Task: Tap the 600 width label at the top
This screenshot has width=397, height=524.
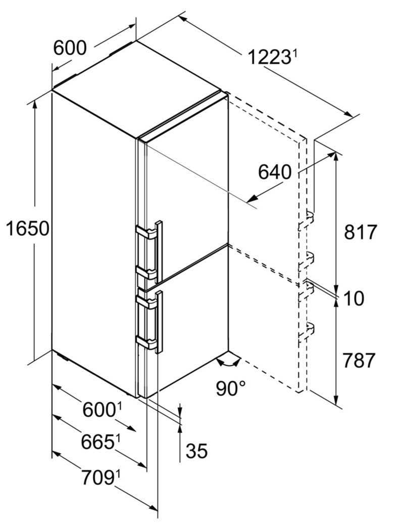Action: tap(70, 48)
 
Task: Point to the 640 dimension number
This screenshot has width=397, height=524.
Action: tap(275, 172)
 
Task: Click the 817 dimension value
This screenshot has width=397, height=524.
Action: tap(360, 232)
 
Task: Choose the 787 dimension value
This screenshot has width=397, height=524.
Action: tap(360, 360)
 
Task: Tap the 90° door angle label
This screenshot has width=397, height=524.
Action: tap(230, 387)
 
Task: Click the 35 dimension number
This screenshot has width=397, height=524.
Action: tap(197, 451)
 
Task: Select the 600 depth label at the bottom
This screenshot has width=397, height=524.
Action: tap(99, 410)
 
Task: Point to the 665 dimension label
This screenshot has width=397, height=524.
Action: tap(97, 443)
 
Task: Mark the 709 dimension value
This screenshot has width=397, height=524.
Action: tap(97, 477)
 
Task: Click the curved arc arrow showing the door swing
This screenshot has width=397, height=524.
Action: tap(228, 363)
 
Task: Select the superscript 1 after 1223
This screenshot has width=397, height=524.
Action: tap(294, 53)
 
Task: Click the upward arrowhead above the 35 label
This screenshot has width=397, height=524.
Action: tap(180, 429)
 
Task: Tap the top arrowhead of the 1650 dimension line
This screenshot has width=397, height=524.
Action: tap(35, 105)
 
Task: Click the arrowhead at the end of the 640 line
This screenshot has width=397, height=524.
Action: tap(252, 198)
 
